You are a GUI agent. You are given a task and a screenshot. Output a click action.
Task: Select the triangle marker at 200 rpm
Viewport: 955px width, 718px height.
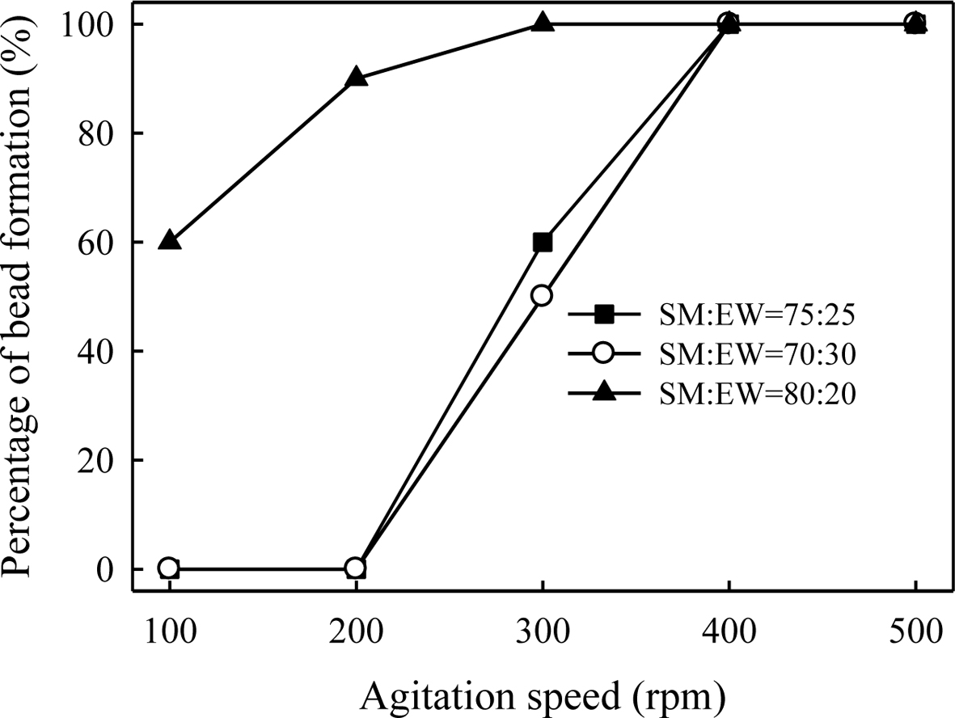(356, 78)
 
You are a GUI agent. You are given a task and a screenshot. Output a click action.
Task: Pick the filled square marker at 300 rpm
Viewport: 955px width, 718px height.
(542, 242)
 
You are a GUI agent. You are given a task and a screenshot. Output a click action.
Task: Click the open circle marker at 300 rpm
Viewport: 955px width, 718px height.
(542, 296)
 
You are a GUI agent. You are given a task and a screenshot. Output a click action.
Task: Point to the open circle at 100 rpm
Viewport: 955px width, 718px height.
(169, 568)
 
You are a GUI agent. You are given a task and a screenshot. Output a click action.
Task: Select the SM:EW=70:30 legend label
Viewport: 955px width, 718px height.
(755, 353)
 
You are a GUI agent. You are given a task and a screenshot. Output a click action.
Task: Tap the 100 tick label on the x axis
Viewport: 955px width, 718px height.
(169, 631)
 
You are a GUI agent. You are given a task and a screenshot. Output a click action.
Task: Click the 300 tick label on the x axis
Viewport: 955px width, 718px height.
(542, 631)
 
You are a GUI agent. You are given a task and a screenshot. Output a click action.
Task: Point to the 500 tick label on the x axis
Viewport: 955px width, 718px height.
(915, 631)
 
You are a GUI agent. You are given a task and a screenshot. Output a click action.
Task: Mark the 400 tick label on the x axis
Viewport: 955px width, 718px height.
(729, 631)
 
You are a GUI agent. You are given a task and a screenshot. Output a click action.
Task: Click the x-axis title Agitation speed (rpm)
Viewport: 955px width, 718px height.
(542, 693)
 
